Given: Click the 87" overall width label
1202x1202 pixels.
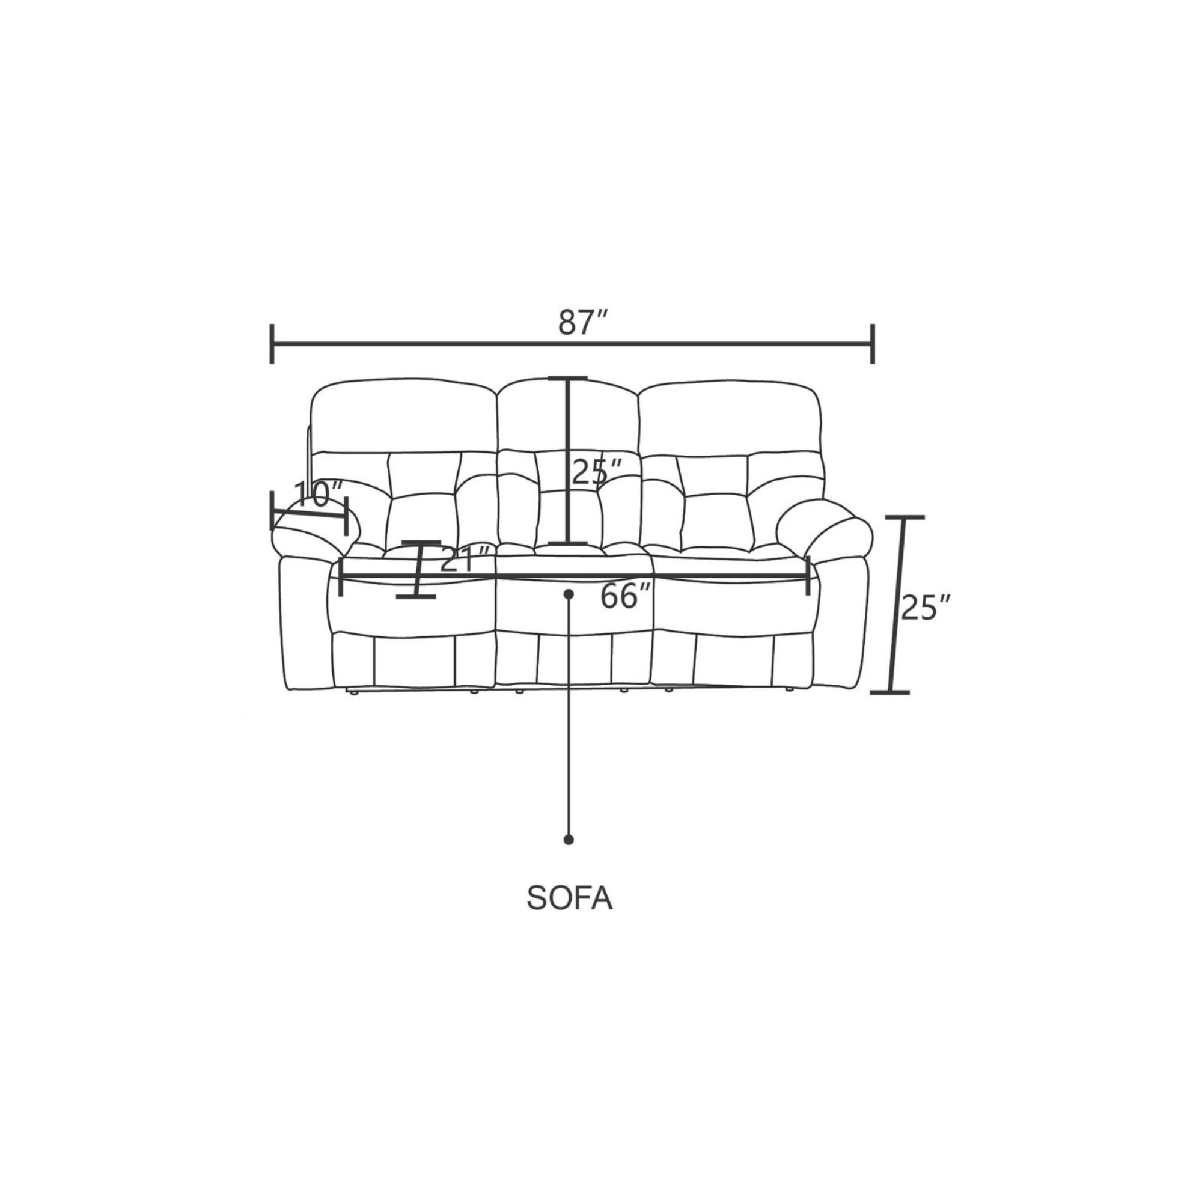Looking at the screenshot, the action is pyautogui.click(x=582, y=322).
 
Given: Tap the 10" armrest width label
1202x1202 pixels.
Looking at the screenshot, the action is pyautogui.click(x=318, y=494).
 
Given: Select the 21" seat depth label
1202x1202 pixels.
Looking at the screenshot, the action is pyautogui.click(x=466, y=559).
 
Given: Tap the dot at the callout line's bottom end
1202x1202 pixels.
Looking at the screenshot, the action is pyautogui.click(x=568, y=840).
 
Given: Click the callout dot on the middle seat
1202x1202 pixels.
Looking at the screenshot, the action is pyautogui.click(x=568, y=594).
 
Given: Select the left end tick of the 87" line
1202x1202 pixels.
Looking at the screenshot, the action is pyautogui.click(x=272, y=343).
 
